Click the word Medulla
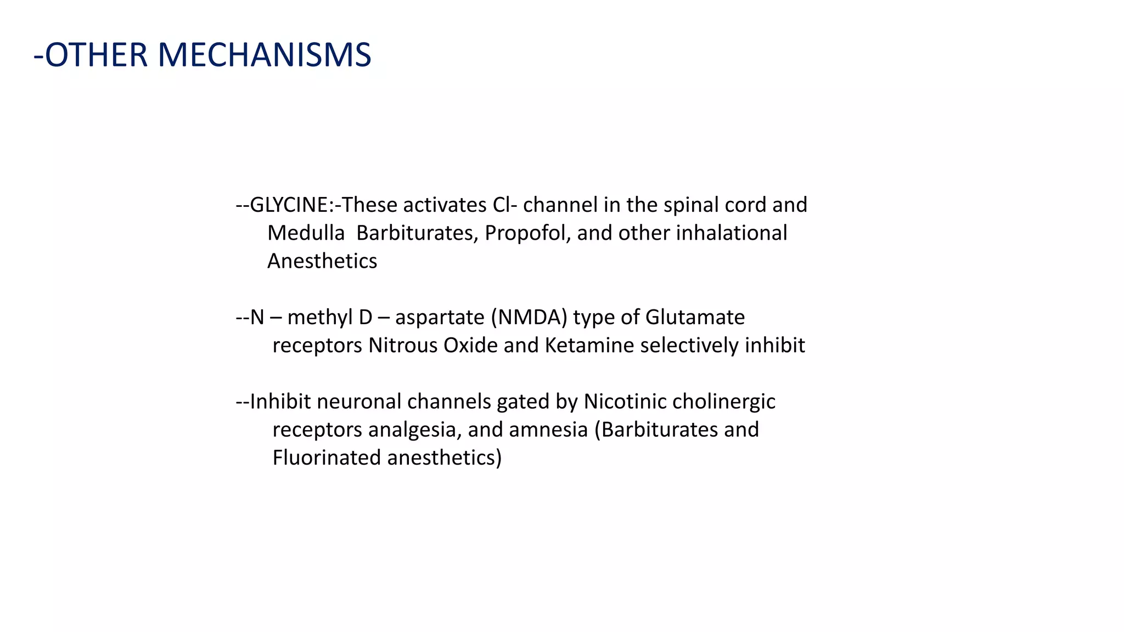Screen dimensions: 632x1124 306,233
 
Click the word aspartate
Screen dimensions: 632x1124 440,318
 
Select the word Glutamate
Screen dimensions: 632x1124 695,318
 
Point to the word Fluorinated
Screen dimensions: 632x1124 327,458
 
